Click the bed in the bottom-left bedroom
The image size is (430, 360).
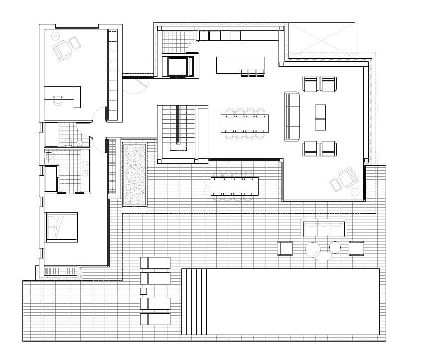click(62, 227)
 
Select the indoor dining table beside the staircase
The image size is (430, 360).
click(245, 123)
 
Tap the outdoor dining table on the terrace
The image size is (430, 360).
click(234, 186)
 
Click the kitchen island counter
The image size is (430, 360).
click(240, 64)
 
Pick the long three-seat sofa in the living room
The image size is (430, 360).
click(292, 116)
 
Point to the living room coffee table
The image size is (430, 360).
click(320, 117)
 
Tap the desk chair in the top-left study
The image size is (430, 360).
click(58, 101)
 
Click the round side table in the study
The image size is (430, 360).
click(55, 36)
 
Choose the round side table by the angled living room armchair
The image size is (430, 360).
click(355, 191)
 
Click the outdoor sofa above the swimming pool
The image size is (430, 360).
click(324, 229)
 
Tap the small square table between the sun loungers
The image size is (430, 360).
click(143, 291)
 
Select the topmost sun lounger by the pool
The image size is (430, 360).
click(155, 262)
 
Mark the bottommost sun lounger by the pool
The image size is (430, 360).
click(155, 319)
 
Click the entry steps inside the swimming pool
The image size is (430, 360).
click(194, 301)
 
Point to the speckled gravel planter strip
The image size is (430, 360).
click(135, 174)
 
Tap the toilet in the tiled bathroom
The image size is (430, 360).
click(49, 156)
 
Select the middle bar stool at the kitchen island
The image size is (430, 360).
click(252, 73)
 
